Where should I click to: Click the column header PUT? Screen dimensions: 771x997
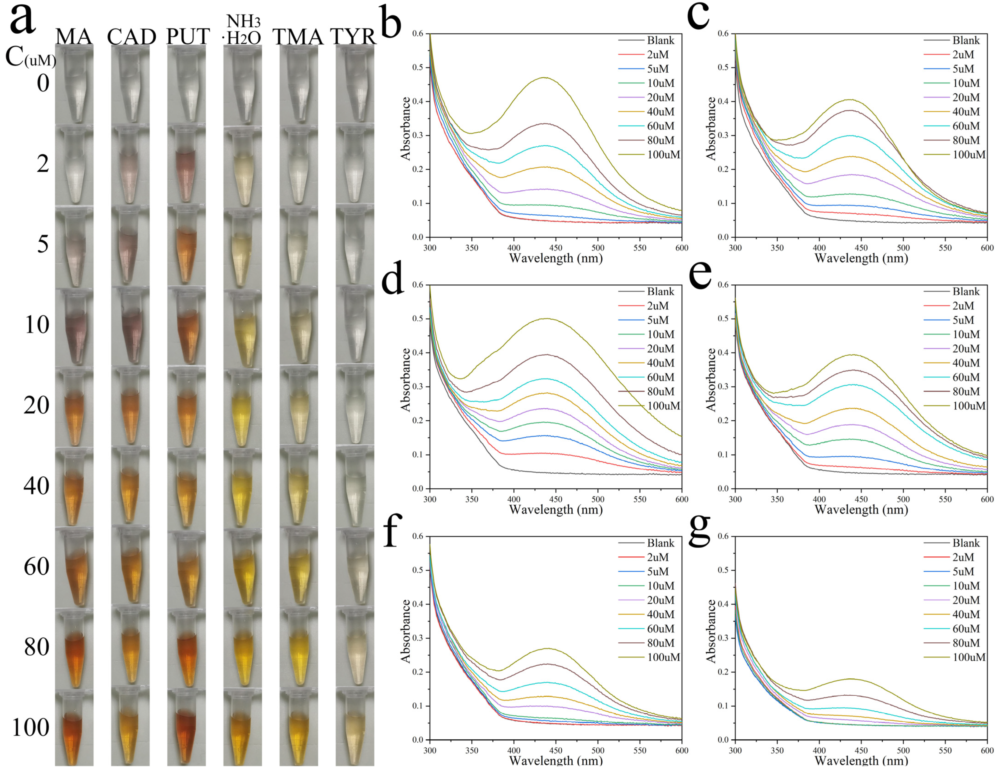pyautogui.click(x=188, y=36)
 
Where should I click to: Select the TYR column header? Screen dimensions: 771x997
pyautogui.click(x=354, y=36)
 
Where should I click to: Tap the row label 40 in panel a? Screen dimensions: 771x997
pyautogui.click(x=36, y=486)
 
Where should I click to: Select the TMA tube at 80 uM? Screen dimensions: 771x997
pyautogui.click(x=299, y=648)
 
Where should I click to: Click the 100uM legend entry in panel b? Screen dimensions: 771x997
pyautogui.click(x=663, y=155)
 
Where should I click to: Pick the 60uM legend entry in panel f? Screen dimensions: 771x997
pyautogui.click(x=660, y=629)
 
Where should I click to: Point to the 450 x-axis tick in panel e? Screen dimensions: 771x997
pyautogui.click(x=861, y=499)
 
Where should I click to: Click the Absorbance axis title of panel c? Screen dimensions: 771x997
pyautogui.click(x=711, y=129)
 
